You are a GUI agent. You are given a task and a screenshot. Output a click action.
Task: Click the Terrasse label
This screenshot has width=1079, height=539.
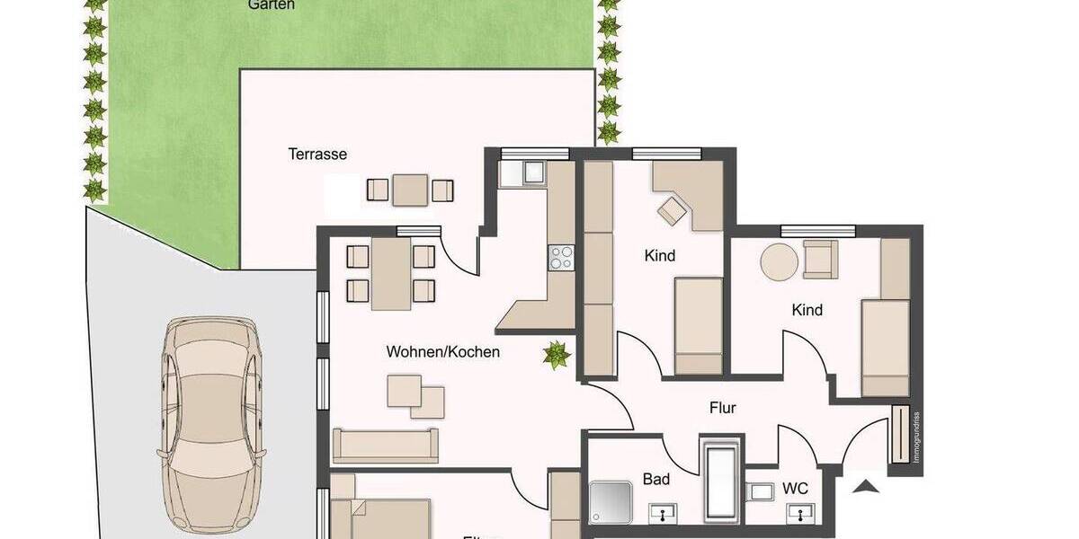coord(317,154)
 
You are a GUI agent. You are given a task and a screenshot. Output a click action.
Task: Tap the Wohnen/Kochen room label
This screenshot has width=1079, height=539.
coord(442,352)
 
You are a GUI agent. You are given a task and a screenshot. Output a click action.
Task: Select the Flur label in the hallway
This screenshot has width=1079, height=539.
coord(722,408)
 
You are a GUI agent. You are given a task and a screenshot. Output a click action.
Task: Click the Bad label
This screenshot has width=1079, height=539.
coord(655,479)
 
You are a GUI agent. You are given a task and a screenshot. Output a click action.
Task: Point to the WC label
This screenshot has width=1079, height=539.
coord(794,489)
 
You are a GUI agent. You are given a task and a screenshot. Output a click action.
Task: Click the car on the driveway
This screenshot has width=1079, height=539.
coord(210,424)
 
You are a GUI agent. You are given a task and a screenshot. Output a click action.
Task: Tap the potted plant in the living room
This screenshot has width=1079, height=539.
coord(557,355)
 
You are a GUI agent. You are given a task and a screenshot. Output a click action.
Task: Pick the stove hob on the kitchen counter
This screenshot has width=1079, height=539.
coord(561,258)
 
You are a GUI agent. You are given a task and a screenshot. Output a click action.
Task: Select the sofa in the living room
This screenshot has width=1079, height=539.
coord(385,445)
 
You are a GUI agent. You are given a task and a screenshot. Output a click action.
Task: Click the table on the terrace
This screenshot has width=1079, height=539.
coord(410,190)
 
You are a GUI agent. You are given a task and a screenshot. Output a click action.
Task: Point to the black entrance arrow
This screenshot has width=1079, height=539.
coord(865,488)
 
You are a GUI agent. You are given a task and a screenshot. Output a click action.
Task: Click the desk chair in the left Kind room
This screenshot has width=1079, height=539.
coord(670,211)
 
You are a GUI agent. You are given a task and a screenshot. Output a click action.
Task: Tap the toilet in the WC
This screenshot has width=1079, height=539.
coord(760,492)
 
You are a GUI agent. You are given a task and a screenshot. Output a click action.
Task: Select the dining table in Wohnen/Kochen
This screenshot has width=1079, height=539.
coord(391,272)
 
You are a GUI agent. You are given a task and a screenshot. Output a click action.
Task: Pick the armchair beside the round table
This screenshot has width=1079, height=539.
coord(819,259)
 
